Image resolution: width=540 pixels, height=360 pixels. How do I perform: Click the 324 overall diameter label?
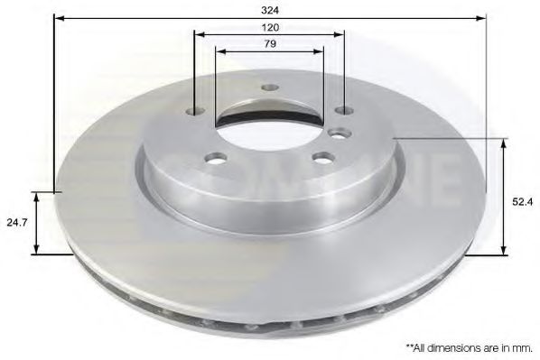tap(270, 10)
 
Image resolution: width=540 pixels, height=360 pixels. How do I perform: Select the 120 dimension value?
tap(270, 28)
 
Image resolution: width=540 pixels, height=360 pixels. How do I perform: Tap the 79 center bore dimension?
tap(270, 44)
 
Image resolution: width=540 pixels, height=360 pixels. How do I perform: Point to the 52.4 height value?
tap(522, 202)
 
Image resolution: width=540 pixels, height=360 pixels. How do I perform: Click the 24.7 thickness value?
tap(17, 222)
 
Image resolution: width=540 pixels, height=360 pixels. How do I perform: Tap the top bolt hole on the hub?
tap(270, 88)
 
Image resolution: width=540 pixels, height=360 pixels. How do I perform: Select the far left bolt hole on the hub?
tap(195, 111)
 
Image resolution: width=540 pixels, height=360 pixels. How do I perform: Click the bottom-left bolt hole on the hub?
tap(216, 158)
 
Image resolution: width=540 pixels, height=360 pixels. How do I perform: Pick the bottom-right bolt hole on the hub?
tap(323, 158)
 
